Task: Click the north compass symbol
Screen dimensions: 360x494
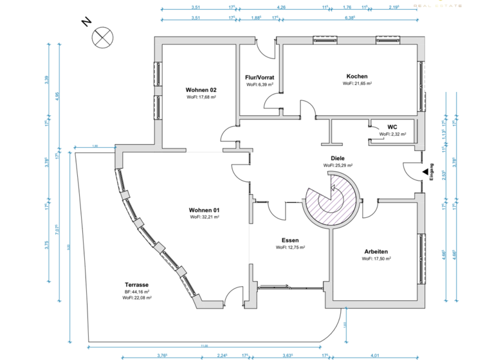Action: pos(102,37)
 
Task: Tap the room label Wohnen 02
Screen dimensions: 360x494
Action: pos(201,89)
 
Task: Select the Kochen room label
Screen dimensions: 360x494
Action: pos(356,76)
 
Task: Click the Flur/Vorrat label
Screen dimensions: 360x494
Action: pos(260,77)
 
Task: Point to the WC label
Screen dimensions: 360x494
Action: pos(392,127)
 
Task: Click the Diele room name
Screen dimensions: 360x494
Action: pos(338,157)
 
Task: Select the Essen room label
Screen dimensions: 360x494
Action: pos(290,239)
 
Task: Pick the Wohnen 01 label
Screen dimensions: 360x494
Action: pos(205,210)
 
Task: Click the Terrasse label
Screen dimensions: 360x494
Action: pos(137,284)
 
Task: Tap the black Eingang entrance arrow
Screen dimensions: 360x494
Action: pos(425,172)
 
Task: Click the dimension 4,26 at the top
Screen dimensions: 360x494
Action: pos(281,6)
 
